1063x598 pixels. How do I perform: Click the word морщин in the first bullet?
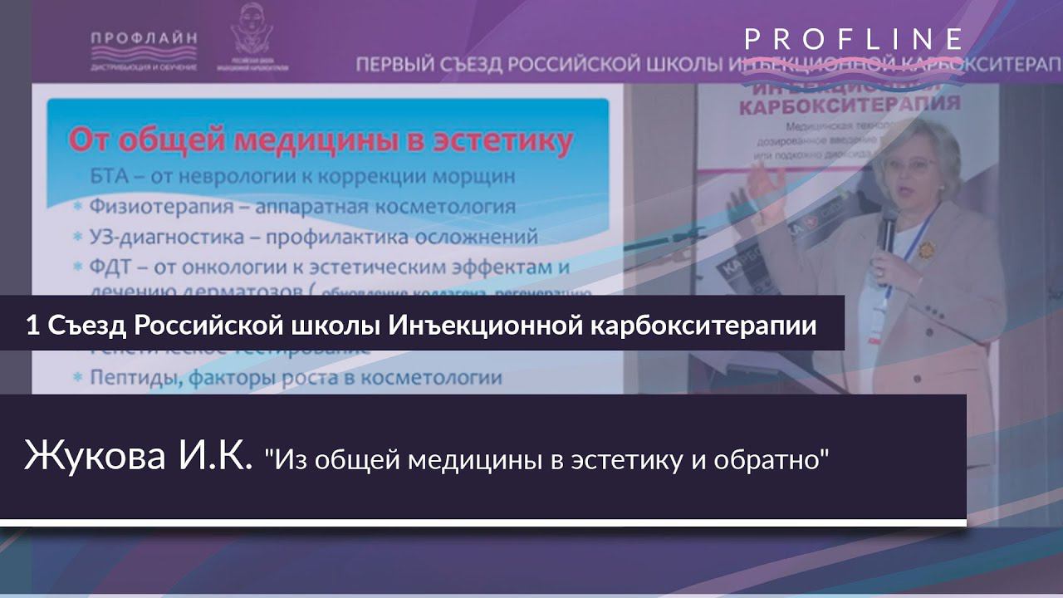[x=471, y=177]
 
